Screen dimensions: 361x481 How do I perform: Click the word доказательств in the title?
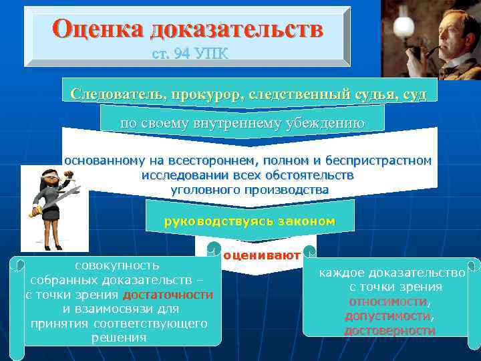[x=236, y=29]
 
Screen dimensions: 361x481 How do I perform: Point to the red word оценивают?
[x=262, y=255]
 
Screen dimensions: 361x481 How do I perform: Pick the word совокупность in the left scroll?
[x=117, y=266]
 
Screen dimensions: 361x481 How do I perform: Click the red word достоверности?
[x=389, y=330]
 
